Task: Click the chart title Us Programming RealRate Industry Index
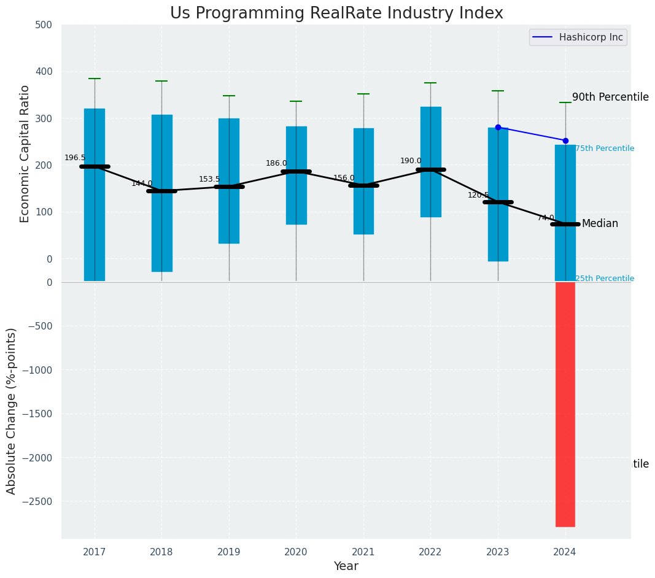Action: pos(336,13)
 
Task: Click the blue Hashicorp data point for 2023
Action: pos(498,127)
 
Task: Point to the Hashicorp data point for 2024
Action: pos(565,141)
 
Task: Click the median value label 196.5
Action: pos(75,158)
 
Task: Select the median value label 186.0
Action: pos(276,163)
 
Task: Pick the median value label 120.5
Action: pos(478,195)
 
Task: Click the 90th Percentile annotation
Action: pos(610,97)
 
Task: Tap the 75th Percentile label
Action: pos(605,148)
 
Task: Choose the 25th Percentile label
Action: pos(605,279)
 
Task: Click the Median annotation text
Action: pos(600,223)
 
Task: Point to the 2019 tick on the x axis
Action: pos(229,552)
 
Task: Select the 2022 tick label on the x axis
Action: pos(430,552)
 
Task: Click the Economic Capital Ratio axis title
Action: pos(25,153)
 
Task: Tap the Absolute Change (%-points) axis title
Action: pos(12,410)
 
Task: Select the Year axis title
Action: pos(346,566)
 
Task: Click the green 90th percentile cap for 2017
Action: pos(95,79)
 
